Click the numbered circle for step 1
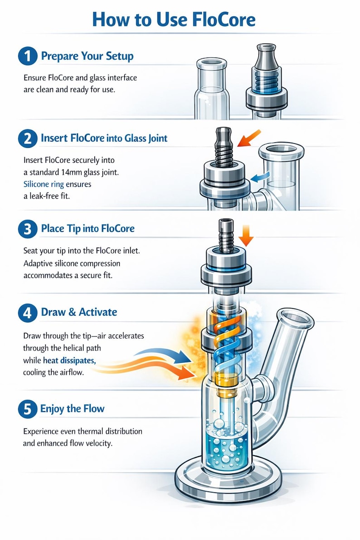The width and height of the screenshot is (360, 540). coord(28,57)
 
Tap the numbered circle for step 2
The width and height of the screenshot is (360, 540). coord(28,138)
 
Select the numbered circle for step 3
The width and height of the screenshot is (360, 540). coord(28,229)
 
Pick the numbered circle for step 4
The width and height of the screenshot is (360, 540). coord(28,312)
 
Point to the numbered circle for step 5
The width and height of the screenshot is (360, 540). coord(28,409)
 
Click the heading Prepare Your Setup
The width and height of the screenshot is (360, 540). coord(87,57)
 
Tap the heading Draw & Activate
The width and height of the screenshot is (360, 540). coord(79,312)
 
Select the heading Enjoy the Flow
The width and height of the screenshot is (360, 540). coord(73,409)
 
